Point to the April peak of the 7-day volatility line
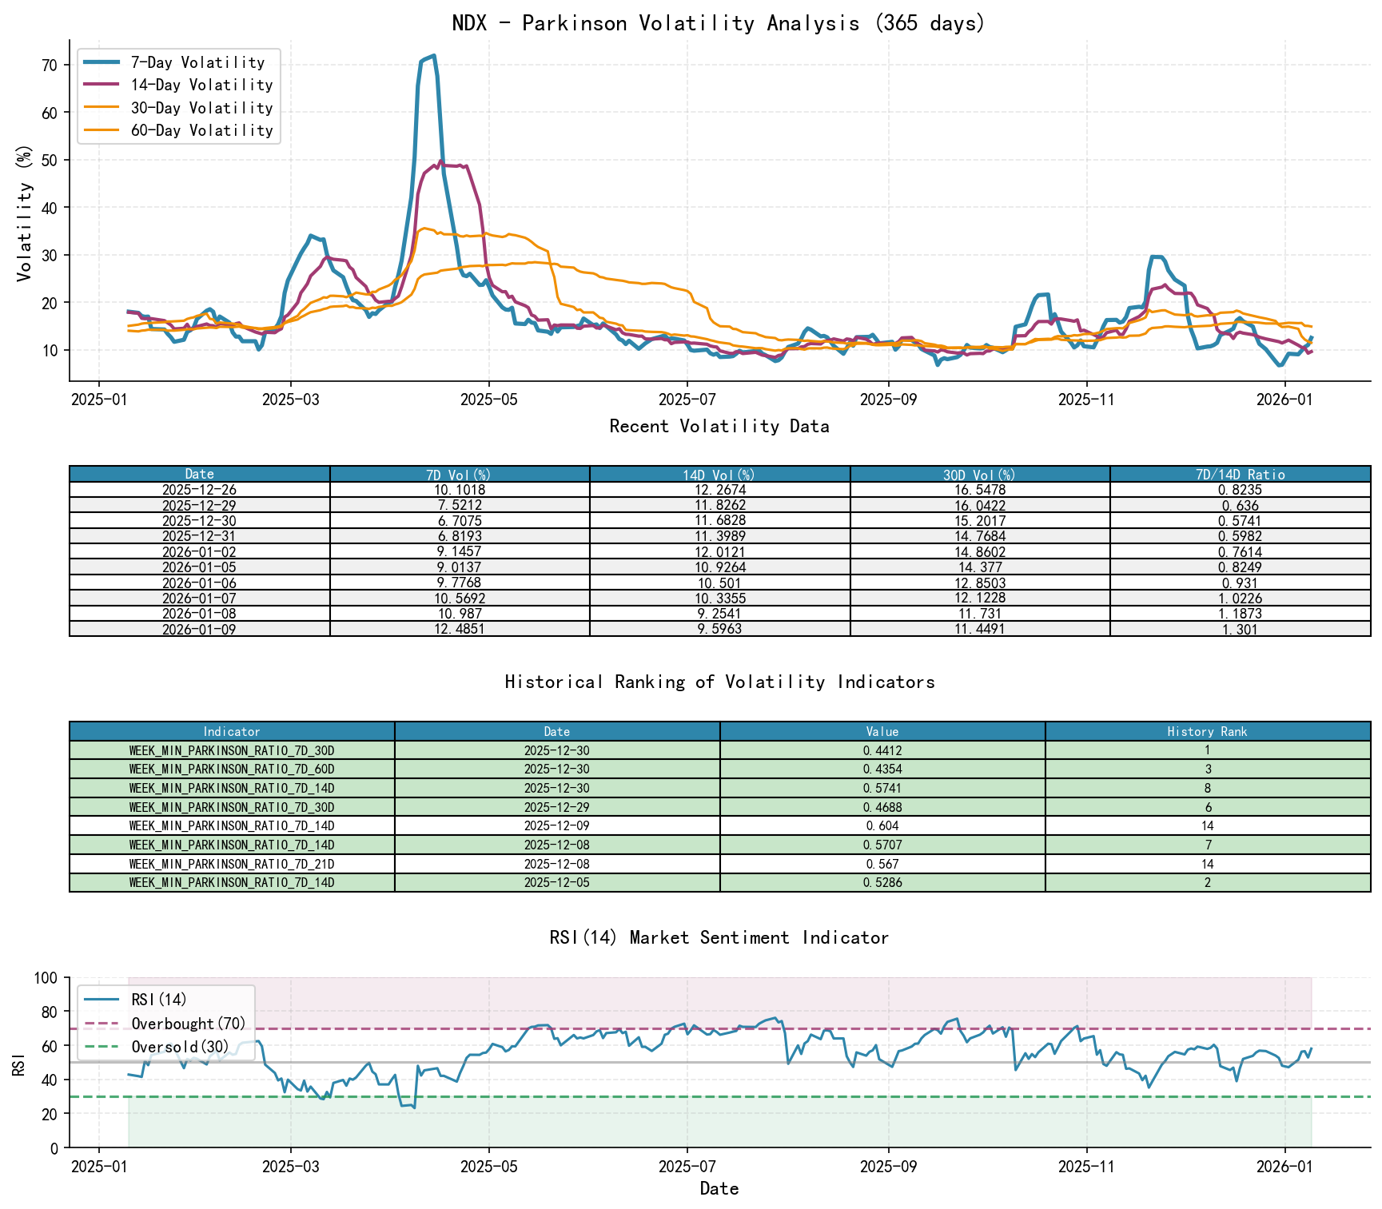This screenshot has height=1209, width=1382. pyautogui.click(x=433, y=56)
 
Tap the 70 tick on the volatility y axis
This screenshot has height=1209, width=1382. pyautogui.click(x=50, y=65)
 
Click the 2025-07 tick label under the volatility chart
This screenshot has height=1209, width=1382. pyautogui.click(x=687, y=400)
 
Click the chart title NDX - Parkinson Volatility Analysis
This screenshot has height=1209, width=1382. pyautogui.click(x=719, y=23)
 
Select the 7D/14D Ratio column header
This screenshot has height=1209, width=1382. pyautogui.click(x=1240, y=475)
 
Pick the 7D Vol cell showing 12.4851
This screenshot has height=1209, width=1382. pyautogui.click(x=460, y=629)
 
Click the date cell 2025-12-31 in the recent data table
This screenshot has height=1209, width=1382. pyautogui.click(x=199, y=536)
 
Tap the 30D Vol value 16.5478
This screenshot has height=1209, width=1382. pyautogui.click(x=979, y=490)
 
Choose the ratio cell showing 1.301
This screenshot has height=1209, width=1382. pyautogui.click(x=1240, y=629)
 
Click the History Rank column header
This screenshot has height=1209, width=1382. pyautogui.click(x=1207, y=731)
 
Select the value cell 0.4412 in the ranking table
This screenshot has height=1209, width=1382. pyautogui.click(x=882, y=750)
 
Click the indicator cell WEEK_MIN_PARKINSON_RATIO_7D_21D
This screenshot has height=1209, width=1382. pyautogui.click(x=232, y=864)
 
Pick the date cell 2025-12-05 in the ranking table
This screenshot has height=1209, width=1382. pyautogui.click(x=557, y=883)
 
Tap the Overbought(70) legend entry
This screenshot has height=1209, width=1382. pyautogui.click(x=188, y=1024)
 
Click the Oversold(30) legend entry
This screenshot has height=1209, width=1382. pyautogui.click(x=180, y=1047)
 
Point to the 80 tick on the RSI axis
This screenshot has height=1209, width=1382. pyautogui.click(x=50, y=1012)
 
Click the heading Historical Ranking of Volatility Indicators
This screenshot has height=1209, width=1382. pyautogui.click(x=719, y=682)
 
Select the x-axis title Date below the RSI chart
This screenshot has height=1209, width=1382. pyautogui.click(x=719, y=1188)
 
